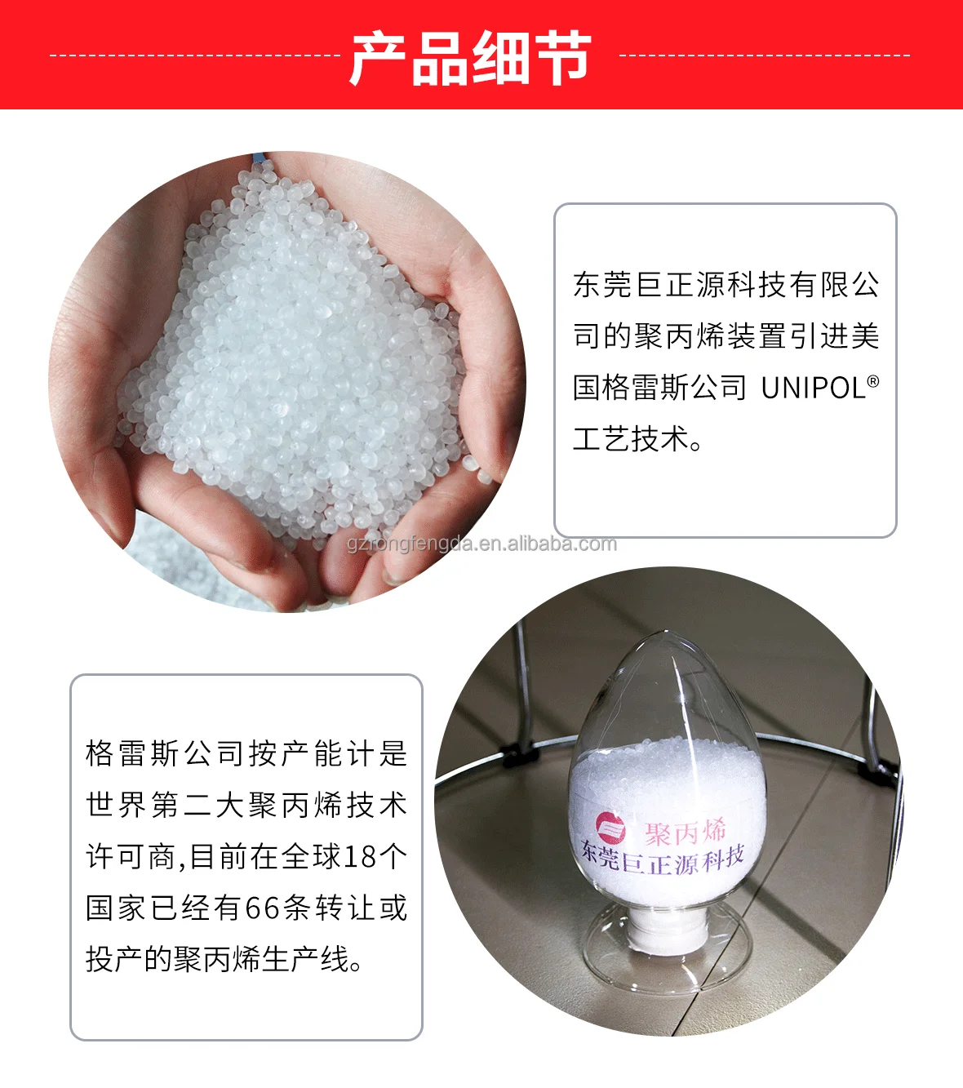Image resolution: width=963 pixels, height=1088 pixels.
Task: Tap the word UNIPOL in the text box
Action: pyautogui.click(x=813, y=388)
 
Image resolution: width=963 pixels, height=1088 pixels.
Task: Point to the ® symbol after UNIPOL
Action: pyautogui.click(x=873, y=380)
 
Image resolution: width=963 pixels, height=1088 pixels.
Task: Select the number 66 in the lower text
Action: pyautogui.click(x=262, y=908)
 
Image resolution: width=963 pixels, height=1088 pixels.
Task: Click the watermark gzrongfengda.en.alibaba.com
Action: pyautogui.click(x=481, y=544)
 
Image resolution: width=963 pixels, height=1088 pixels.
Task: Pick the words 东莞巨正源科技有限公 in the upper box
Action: pyautogui.click(x=726, y=285)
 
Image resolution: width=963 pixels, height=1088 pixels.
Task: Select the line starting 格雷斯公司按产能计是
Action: pyautogui.click(x=246, y=753)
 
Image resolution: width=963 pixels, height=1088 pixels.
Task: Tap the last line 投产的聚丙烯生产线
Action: pyautogui.click(x=224, y=959)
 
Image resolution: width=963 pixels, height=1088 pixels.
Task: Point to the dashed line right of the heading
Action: pyautogui.click(x=764, y=56)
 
